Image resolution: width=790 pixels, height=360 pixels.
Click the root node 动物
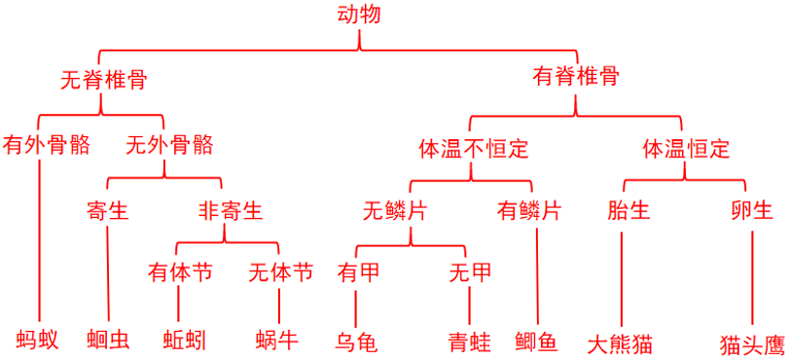359,15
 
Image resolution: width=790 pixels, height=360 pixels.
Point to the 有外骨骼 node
47,145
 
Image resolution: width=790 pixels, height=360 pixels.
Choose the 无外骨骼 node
169,145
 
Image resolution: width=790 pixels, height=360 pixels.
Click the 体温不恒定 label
473,149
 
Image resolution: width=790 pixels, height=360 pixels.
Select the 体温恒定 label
686,149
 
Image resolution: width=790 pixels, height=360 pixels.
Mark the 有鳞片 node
529,210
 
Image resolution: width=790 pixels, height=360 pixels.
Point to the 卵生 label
752,210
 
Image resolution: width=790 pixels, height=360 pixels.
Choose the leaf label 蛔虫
107,340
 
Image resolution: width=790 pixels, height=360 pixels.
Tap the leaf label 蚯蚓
185,340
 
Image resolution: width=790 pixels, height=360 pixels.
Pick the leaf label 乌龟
355,342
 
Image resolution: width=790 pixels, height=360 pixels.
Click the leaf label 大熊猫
620,344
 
